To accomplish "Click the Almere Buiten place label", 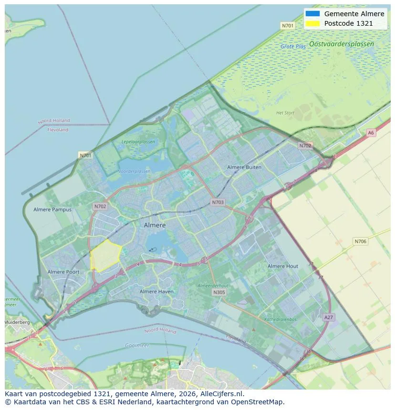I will [244, 167].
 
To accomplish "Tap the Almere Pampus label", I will [52, 210].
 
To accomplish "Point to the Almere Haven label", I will [156, 291].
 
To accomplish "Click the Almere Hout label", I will [283, 266].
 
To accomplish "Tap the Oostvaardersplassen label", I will [342, 44].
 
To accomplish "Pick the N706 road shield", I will [361, 241].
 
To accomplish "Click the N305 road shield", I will [219, 292].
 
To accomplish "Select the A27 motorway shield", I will [329, 317].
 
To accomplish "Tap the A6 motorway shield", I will [371, 133].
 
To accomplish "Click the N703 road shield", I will [218, 202].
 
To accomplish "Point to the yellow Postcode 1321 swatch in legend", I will [312, 23].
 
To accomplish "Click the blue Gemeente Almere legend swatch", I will [312, 14].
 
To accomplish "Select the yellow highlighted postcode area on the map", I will [105, 256].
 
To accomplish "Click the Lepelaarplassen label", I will [138, 142].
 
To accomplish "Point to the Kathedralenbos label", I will [281, 320].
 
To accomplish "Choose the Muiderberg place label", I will [17, 322].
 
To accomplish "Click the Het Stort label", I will [285, 113].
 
